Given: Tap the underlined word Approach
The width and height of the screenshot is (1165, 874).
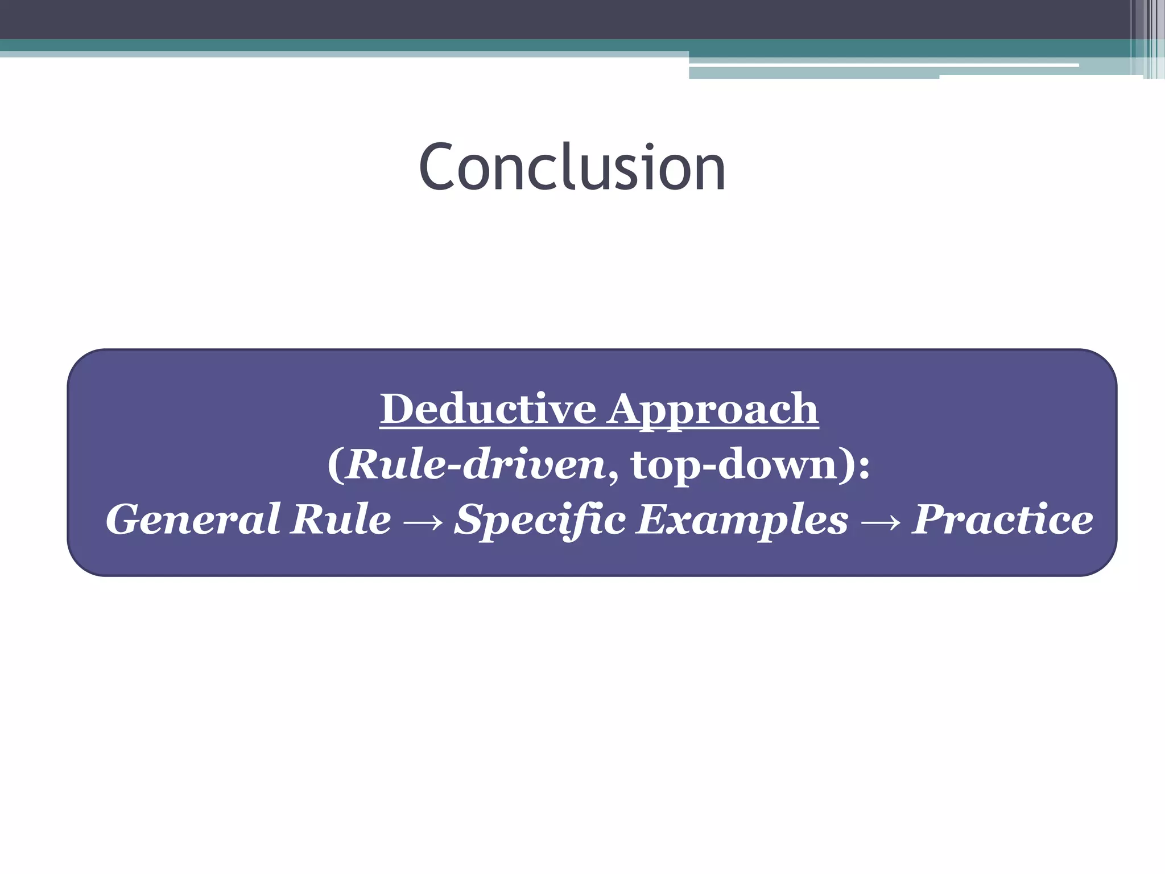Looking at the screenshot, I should (712, 410).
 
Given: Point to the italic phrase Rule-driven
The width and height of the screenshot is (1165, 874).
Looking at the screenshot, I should (476, 464).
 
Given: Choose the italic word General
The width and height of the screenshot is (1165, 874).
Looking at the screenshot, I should (193, 519).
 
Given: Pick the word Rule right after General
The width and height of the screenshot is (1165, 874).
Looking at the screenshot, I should (340, 519).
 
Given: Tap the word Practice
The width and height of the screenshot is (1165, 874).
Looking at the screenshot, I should (1002, 519).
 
